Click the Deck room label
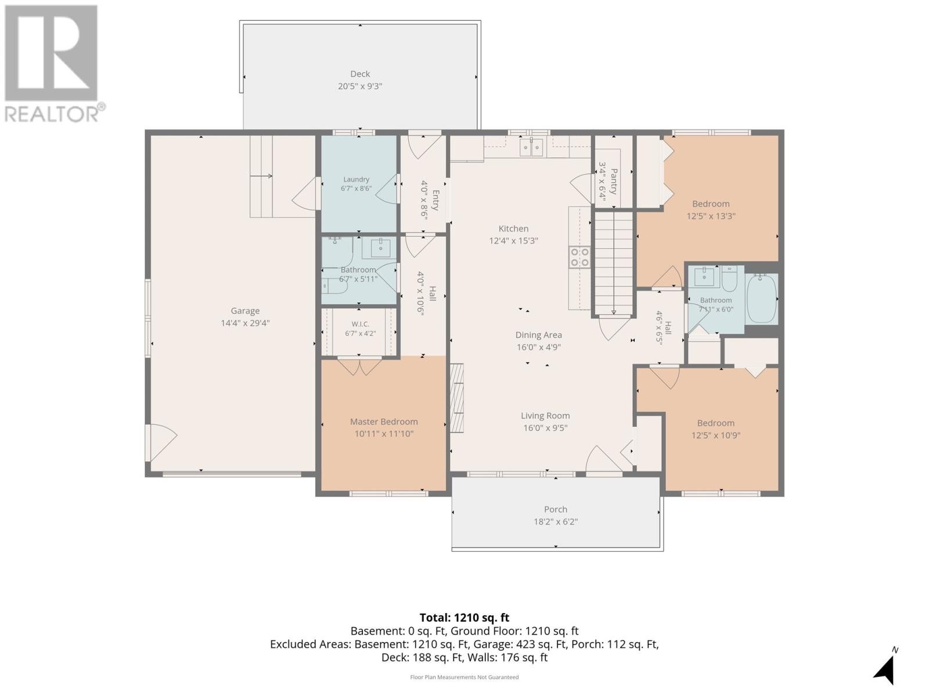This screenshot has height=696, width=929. tap(360, 74)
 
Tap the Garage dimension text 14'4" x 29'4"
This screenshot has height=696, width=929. tap(245, 323)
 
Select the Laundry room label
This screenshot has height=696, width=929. tap(357, 180)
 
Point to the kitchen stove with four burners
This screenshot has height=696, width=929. tap(579, 257)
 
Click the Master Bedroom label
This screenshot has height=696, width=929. tap(384, 421)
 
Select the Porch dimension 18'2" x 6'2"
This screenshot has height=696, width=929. tap(556, 521)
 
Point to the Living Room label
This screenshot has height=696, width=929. tap(545, 415)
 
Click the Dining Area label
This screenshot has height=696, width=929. tap(538, 335)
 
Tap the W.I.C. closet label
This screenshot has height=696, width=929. tap(360, 324)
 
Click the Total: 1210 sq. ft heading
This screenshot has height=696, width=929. tap(464, 618)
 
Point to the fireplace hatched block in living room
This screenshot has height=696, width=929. tap(456, 398)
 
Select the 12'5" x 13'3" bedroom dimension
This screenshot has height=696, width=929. tap(711, 216)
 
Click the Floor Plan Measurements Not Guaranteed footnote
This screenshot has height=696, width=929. tap(464, 677)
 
